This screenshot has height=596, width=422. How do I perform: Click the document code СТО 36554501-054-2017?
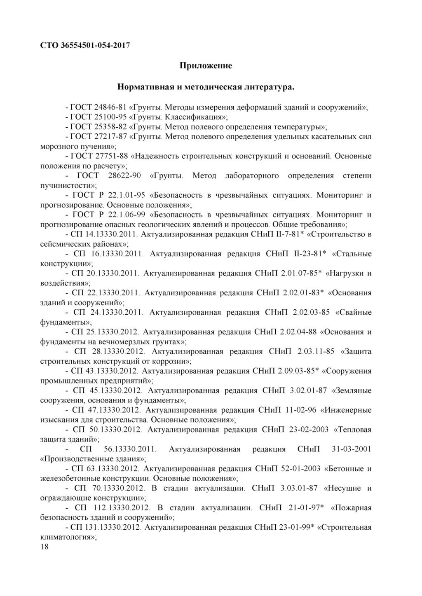85,45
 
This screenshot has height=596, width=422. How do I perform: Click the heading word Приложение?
206,65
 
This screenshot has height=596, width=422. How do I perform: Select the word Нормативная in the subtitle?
149,87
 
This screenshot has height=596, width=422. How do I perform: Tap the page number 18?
45,547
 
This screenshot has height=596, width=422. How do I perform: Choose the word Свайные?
354,312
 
